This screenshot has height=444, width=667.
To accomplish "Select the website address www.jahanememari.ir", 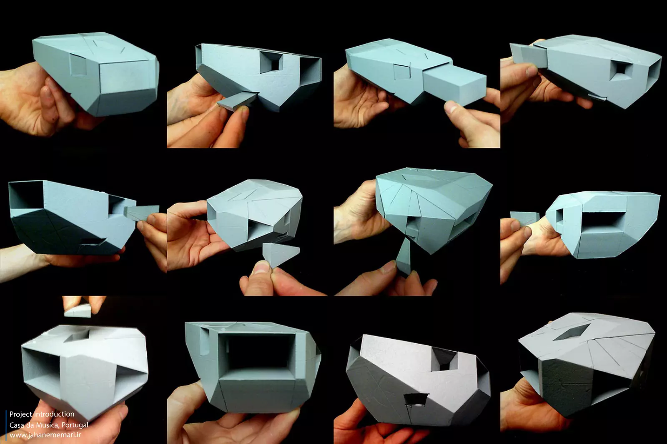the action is pyautogui.click(x=45, y=435).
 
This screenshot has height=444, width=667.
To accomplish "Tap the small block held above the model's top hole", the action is pyautogui.click(x=78, y=310).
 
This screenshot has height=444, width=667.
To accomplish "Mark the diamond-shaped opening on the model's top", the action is pyautogui.click(x=572, y=332).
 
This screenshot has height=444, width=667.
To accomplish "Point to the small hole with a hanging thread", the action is pyautogui.click(x=416, y=400).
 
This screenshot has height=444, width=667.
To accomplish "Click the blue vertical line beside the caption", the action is pyautogui.click(x=6, y=425).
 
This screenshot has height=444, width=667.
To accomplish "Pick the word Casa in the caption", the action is pyautogui.click(x=16, y=425).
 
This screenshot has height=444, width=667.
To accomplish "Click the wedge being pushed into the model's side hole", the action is pyautogui.click(x=141, y=213).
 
